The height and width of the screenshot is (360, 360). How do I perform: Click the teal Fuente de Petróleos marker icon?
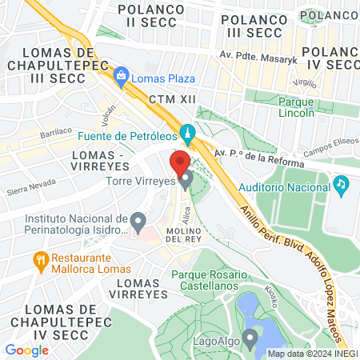click(x=186, y=132)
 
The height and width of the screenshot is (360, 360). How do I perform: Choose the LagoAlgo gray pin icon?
click(x=250, y=339)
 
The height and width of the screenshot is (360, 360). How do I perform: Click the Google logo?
click(x=27, y=350)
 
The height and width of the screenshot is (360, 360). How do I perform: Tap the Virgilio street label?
click(x=306, y=82)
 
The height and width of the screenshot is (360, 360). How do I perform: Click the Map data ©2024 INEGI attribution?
click(x=312, y=354)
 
